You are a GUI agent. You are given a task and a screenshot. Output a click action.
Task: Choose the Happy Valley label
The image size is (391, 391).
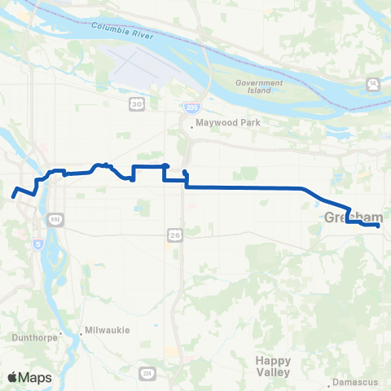272,366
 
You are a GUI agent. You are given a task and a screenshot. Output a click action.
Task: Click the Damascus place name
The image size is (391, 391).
356,381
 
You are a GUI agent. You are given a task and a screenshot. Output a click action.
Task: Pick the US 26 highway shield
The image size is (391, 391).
175,235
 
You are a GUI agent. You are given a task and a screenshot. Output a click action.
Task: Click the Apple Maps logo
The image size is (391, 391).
29,377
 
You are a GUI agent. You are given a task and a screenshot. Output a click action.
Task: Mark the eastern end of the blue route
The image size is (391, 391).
378,226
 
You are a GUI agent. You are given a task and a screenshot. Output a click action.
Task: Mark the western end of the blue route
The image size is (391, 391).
14,195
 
